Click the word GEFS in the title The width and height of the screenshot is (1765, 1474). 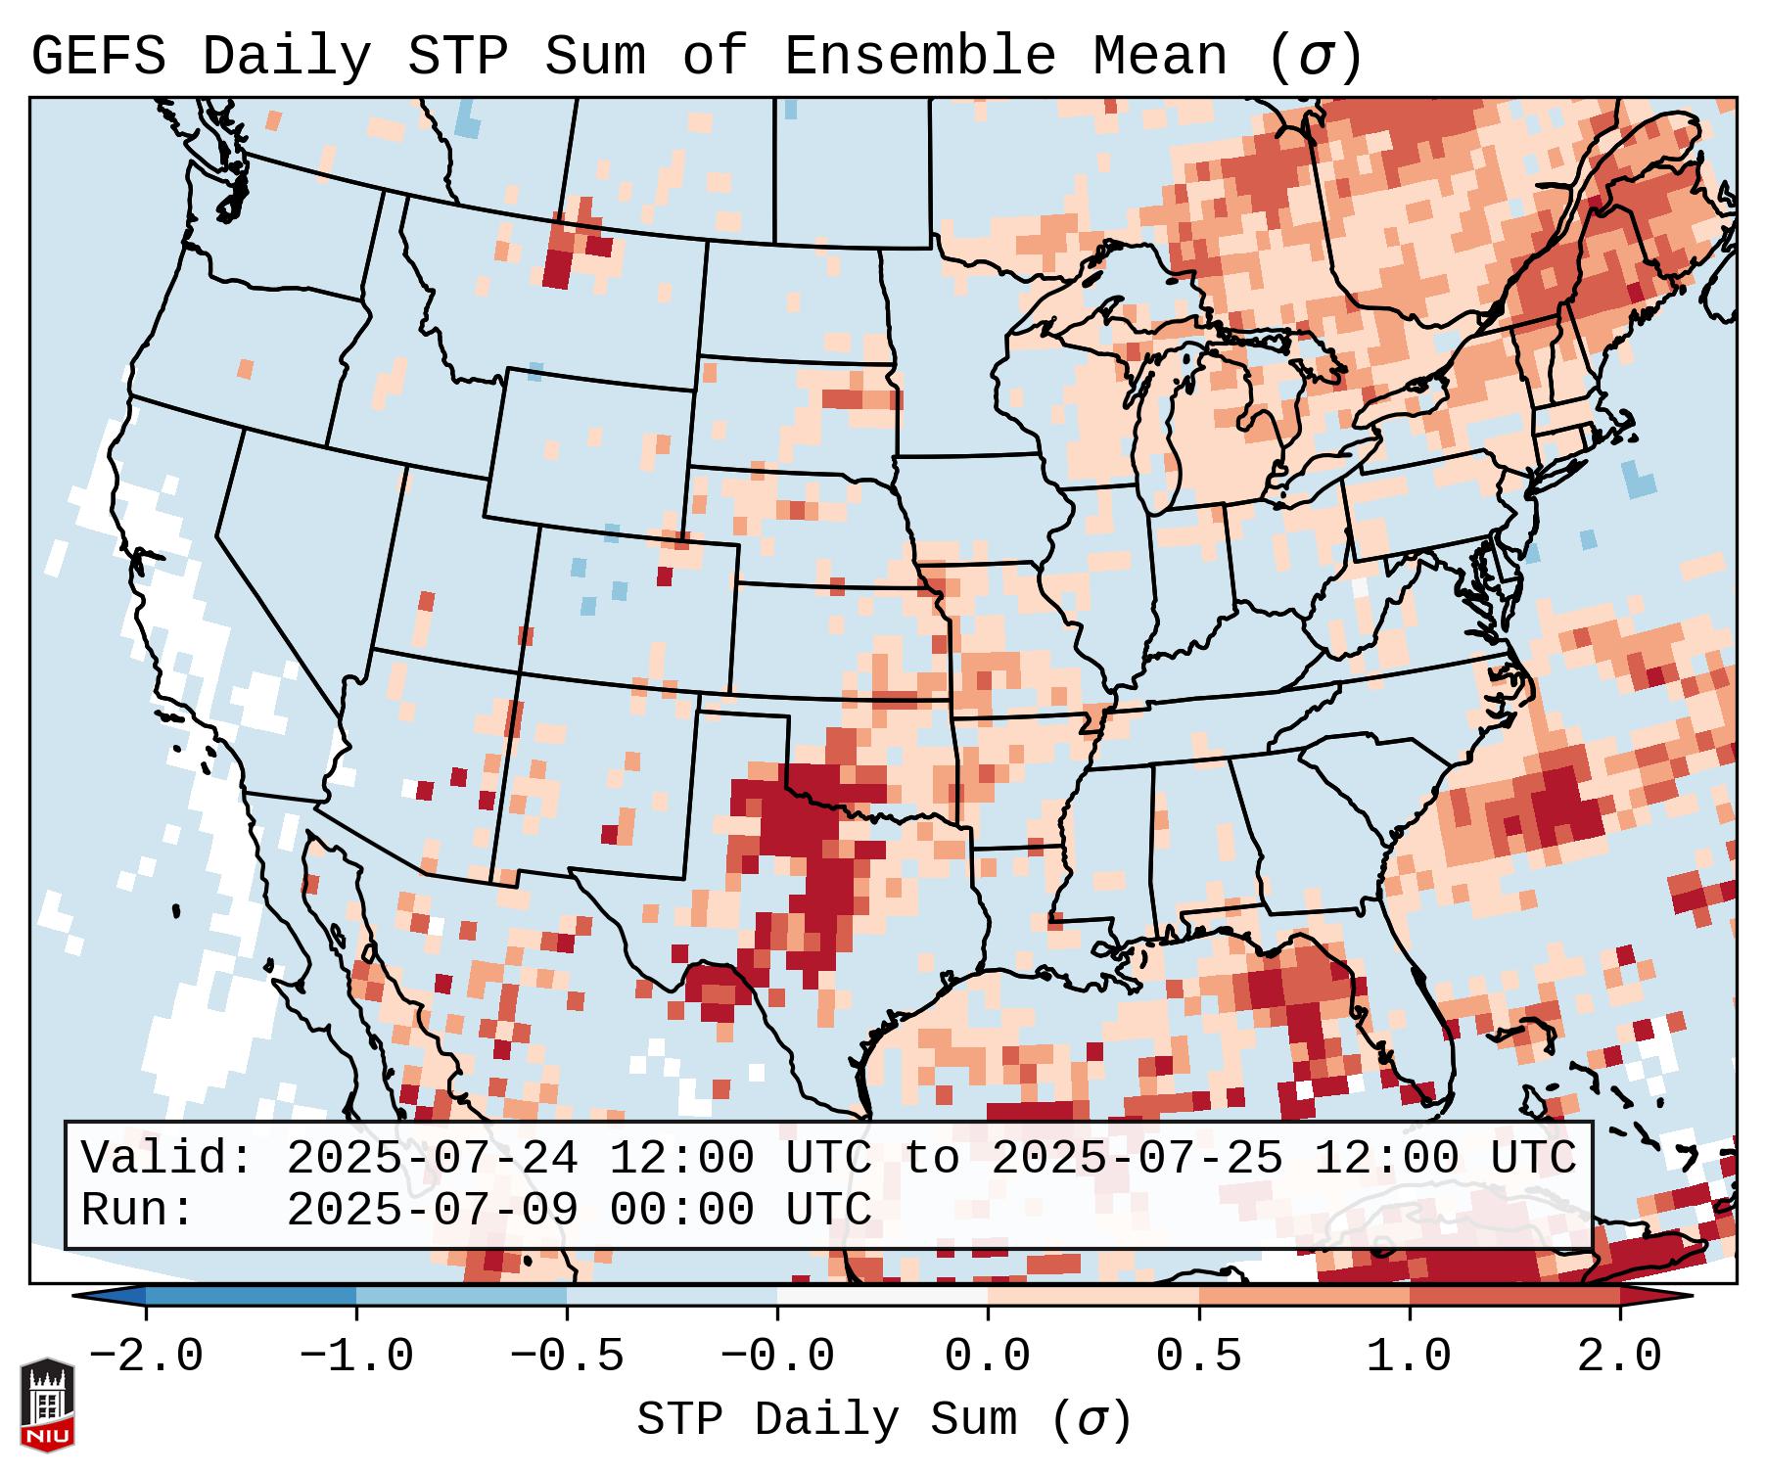pyautogui.click(x=98, y=57)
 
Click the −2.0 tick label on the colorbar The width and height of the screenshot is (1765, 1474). pyautogui.click(x=146, y=1357)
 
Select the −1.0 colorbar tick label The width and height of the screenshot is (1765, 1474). pyautogui.click(x=356, y=1357)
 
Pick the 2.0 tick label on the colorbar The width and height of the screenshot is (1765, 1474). pyautogui.click(x=1619, y=1357)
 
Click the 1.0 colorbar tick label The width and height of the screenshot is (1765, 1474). pyautogui.click(x=1409, y=1357)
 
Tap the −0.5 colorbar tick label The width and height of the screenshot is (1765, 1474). pyautogui.click(x=567, y=1357)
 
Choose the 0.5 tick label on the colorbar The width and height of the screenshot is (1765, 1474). pyautogui.click(x=1198, y=1357)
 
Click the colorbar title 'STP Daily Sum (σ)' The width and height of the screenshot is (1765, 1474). pyautogui.click(x=884, y=1420)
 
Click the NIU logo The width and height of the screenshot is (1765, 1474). pyautogui.click(x=47, y=1404)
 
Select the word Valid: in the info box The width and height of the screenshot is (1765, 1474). pyautogui.click(x=167, y=1159)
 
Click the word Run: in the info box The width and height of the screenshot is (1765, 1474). pyautogui.click(x=138, y=1211)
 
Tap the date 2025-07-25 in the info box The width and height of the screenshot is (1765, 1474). pyautogui.click(x=1137, y=1159)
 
